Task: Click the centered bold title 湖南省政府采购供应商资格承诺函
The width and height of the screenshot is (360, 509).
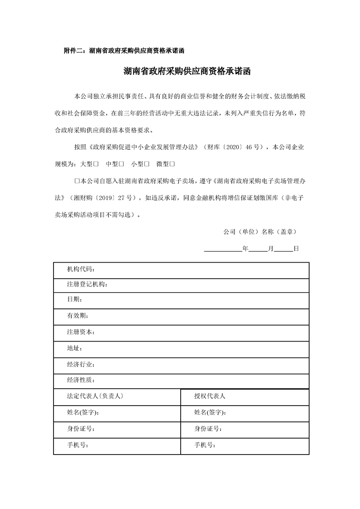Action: point(187,72)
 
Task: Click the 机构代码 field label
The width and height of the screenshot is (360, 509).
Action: point(81,269)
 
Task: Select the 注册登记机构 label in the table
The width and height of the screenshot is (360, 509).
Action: point(87,284)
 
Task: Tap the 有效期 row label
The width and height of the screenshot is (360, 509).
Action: point(78,316)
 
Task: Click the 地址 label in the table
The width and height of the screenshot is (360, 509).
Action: point(74,348)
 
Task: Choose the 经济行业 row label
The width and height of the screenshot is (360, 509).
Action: point(81,364)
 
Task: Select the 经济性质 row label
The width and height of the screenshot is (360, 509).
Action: point(81,380)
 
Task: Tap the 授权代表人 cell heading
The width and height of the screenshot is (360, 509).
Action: point(210,396)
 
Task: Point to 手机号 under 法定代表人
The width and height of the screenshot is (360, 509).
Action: point(78,445)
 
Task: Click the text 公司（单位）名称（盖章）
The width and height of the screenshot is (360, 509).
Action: point(260,231)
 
